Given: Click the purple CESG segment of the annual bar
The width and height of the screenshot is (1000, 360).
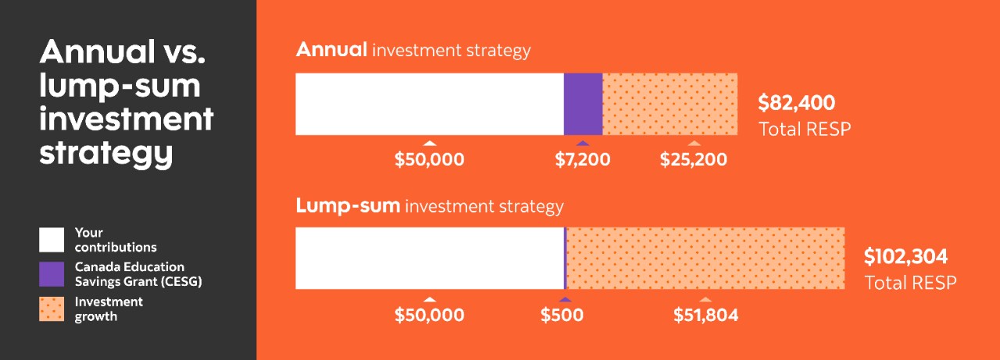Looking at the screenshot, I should point(583,104).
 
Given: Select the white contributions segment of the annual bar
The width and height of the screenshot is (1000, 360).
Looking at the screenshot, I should point(429,104).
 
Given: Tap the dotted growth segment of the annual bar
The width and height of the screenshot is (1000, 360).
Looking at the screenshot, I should point(670,104).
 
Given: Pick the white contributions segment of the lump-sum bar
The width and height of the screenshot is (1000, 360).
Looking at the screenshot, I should point(429,258).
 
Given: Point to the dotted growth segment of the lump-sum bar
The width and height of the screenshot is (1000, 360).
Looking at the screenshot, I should point(705,258).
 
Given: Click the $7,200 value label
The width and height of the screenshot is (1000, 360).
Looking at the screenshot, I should point(583,160).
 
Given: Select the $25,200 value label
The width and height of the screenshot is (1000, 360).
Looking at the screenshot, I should point(694,160).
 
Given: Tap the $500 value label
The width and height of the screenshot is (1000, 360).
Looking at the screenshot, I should point(562,315).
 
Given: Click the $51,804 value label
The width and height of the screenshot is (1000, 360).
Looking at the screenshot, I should point(706,315).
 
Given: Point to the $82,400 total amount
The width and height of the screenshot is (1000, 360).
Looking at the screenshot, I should point(797,103).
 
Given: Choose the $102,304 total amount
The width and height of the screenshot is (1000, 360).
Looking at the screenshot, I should point(905,257).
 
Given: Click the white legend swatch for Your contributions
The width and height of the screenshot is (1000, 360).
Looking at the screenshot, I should point(52,240).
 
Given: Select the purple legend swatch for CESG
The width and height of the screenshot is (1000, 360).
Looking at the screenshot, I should point(52,274).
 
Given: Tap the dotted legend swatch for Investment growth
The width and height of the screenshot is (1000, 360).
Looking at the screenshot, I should point(52,308).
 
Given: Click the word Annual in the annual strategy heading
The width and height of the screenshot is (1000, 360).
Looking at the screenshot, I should point(331,50).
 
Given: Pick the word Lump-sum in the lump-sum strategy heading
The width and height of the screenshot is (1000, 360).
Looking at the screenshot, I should point(348,206).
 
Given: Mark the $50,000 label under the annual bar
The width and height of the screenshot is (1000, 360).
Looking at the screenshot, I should point(429,160).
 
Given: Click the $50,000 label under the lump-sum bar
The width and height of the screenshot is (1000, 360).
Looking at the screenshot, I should point(429,315).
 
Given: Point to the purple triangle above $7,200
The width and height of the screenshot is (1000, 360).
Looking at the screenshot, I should point(583,143).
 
